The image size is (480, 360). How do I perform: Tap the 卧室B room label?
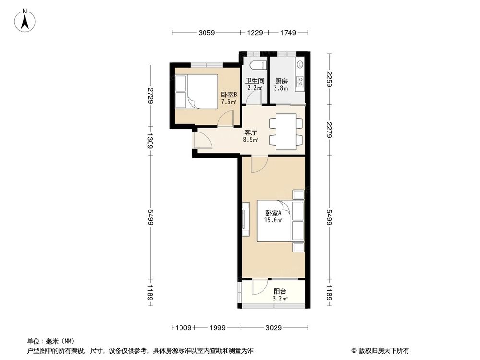click(x=228, y=98)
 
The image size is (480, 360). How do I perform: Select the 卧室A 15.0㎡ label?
click(x=273, y=216)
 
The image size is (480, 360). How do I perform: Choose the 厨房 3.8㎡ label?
click(x=281, y=84)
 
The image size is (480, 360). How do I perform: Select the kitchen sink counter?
click(x=300, y=77)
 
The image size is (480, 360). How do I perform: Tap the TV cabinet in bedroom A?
click(x=246, y=220)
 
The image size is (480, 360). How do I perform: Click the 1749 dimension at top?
click(x=288, y=33)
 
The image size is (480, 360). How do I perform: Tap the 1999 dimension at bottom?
click(x=217, y=328)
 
